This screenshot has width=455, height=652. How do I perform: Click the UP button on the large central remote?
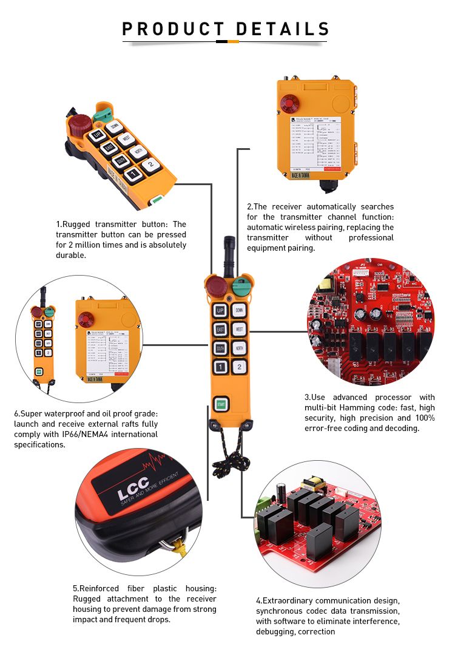pos(220,310)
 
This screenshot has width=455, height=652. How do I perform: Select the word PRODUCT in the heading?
pos(173,29)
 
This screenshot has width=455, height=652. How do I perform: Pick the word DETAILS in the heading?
pos(282,29)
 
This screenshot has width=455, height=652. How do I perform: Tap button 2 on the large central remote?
pos(240,366)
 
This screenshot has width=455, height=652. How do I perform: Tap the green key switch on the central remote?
pos(240,283)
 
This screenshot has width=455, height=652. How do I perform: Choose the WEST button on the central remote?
pos(240,329)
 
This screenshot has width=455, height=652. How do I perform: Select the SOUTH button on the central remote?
pos(220,348)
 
